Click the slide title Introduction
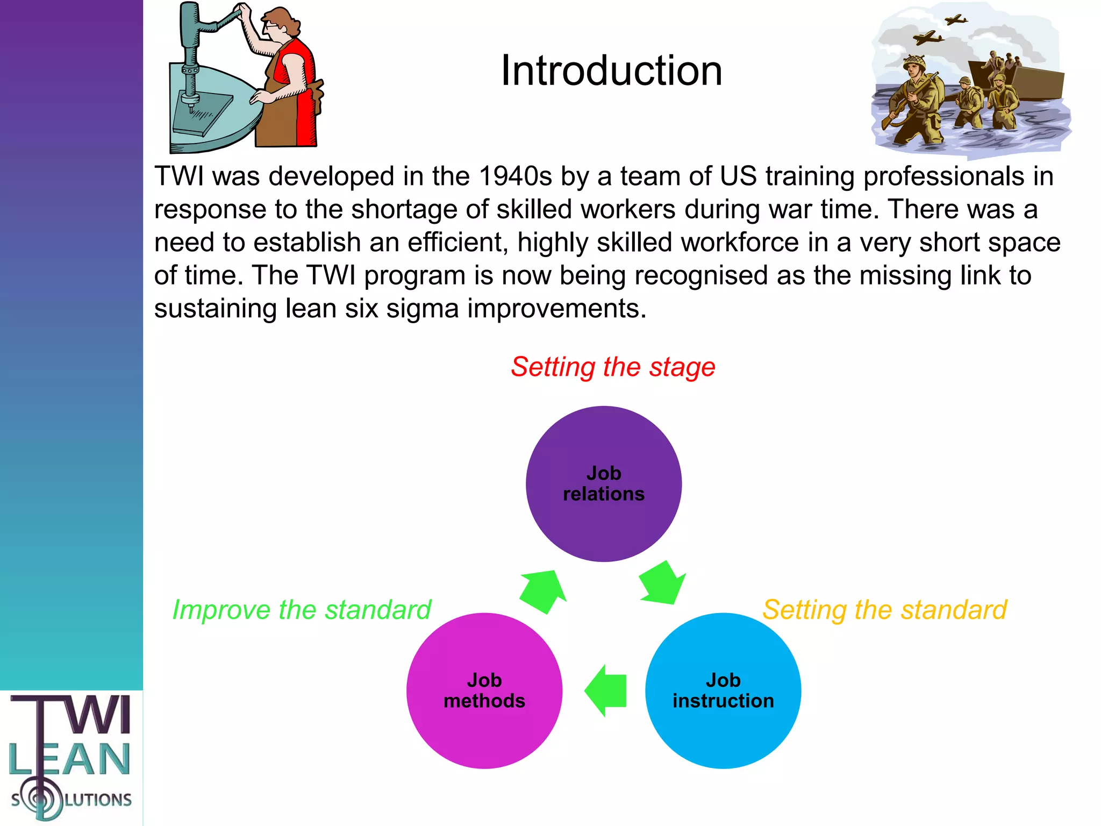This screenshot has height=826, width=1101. click(x=611, y=70)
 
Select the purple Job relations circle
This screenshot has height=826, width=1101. click(x=603, y=483)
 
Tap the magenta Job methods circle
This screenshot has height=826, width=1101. click(x=484, y=690)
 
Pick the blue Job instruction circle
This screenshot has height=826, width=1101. click(x=723, y=690)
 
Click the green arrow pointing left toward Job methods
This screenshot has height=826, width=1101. click(x=606, y=690)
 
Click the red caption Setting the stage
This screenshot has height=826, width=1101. click(x=613, y=367)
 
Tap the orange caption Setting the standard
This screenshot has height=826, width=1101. click(x=884, y=610)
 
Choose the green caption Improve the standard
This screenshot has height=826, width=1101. click(x=302, y=610)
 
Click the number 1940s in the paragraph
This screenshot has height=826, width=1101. click(x=514, y=176)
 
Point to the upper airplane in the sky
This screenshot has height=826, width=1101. click(x=956, y=20)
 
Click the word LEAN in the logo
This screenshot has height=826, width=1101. click(x=70, y=759)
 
